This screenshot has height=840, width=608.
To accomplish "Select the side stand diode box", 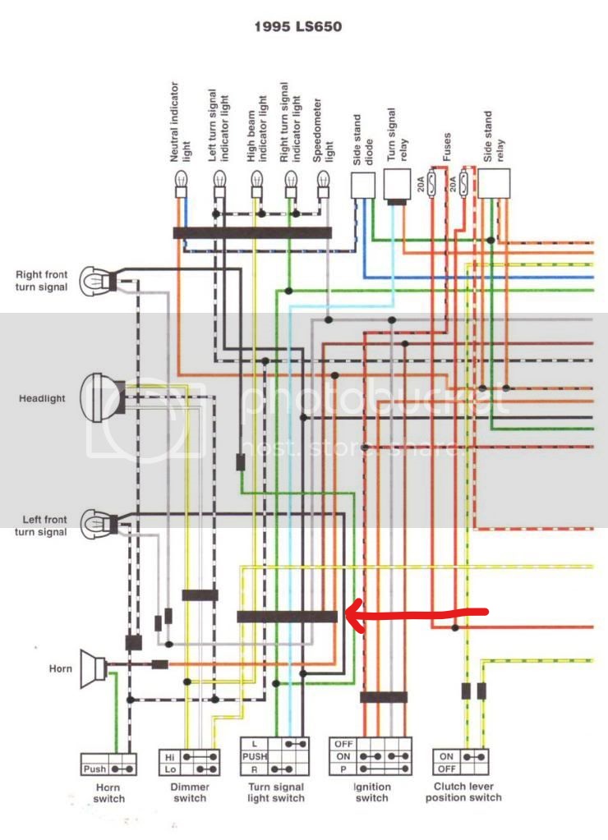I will [362, 188].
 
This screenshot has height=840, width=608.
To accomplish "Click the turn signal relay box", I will [398, 184].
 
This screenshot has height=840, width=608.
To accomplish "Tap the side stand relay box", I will [495, 184].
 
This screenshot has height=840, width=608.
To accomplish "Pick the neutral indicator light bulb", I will [179, 190].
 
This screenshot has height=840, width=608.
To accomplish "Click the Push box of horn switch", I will [94, 769].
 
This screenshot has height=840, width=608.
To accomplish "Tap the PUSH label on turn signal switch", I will [254, 756].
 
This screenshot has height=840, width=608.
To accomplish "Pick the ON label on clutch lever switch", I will [445, 755].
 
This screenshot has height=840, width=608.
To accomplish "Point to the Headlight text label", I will [42, 399].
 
